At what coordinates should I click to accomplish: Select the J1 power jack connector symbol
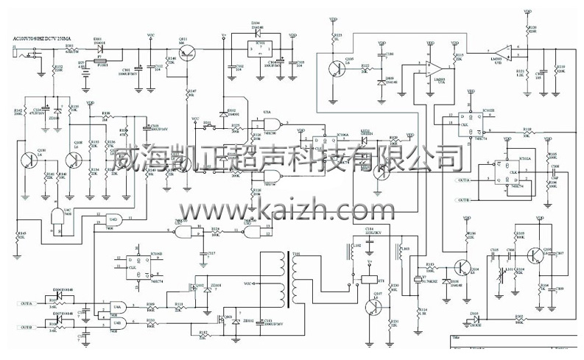tap(28, 52)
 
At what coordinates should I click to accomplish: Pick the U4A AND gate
tap(118, 308)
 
